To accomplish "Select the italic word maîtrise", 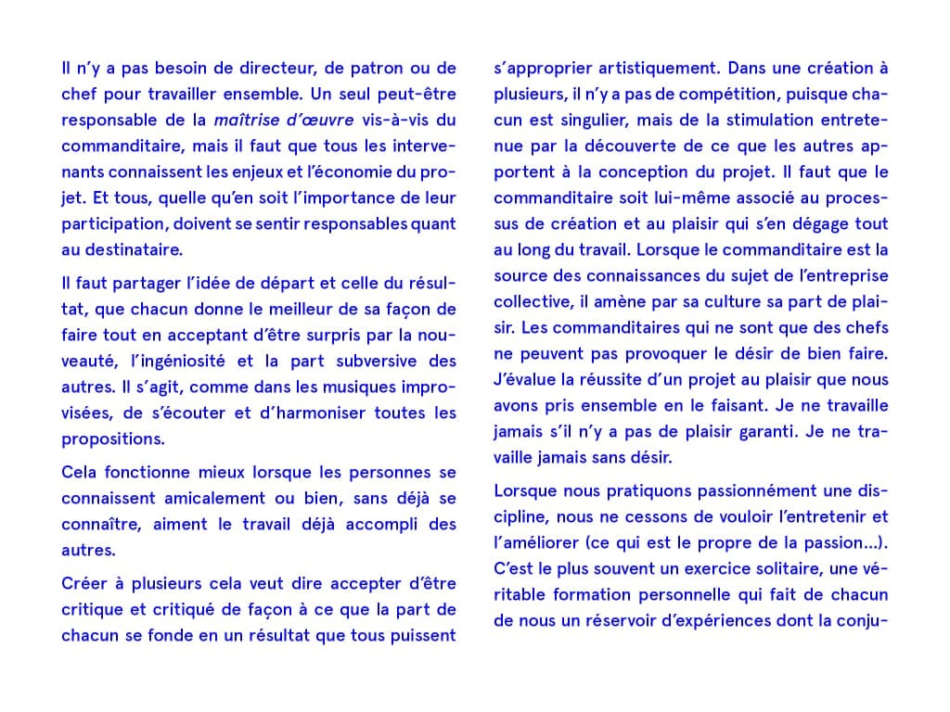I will [x=245, y=120].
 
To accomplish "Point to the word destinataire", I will [x=132, y=249].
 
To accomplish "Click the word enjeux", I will [x=247, y=172].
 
